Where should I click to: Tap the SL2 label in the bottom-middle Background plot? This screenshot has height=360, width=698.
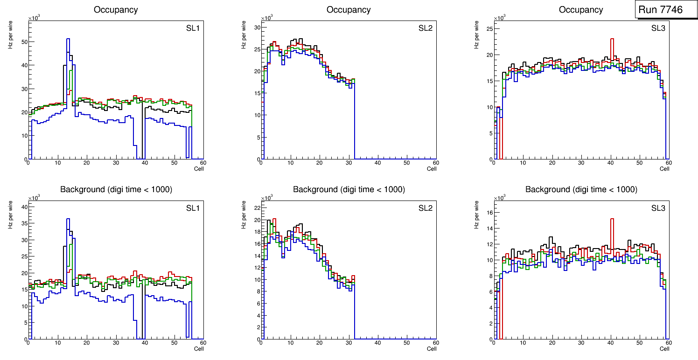click(x=425, y=208)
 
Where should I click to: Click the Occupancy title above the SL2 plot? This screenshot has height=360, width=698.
click(x=349, y=10)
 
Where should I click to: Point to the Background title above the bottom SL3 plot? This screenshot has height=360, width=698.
click(x=581, y=189)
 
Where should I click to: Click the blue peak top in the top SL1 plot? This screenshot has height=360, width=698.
click(x=68, y=39)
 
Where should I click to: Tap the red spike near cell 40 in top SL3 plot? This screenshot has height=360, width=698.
click(x=612, y=39)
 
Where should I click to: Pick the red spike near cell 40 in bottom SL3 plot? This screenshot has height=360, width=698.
click(x=612, y=219)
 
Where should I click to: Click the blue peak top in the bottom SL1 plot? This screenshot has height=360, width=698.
click(x=68, y=219)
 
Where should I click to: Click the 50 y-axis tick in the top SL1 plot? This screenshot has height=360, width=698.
click(x=25, y=42)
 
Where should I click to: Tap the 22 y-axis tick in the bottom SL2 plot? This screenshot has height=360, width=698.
click(x=257, y=208)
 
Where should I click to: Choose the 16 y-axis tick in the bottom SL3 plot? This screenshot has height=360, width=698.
click(x=490, y=212)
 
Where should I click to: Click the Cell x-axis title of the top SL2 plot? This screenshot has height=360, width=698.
click(x=432, y=169)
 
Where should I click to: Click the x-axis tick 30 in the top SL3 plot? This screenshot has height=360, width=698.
click(x=581, y=163)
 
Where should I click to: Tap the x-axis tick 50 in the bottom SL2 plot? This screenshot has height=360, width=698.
click(x=406, y=343)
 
